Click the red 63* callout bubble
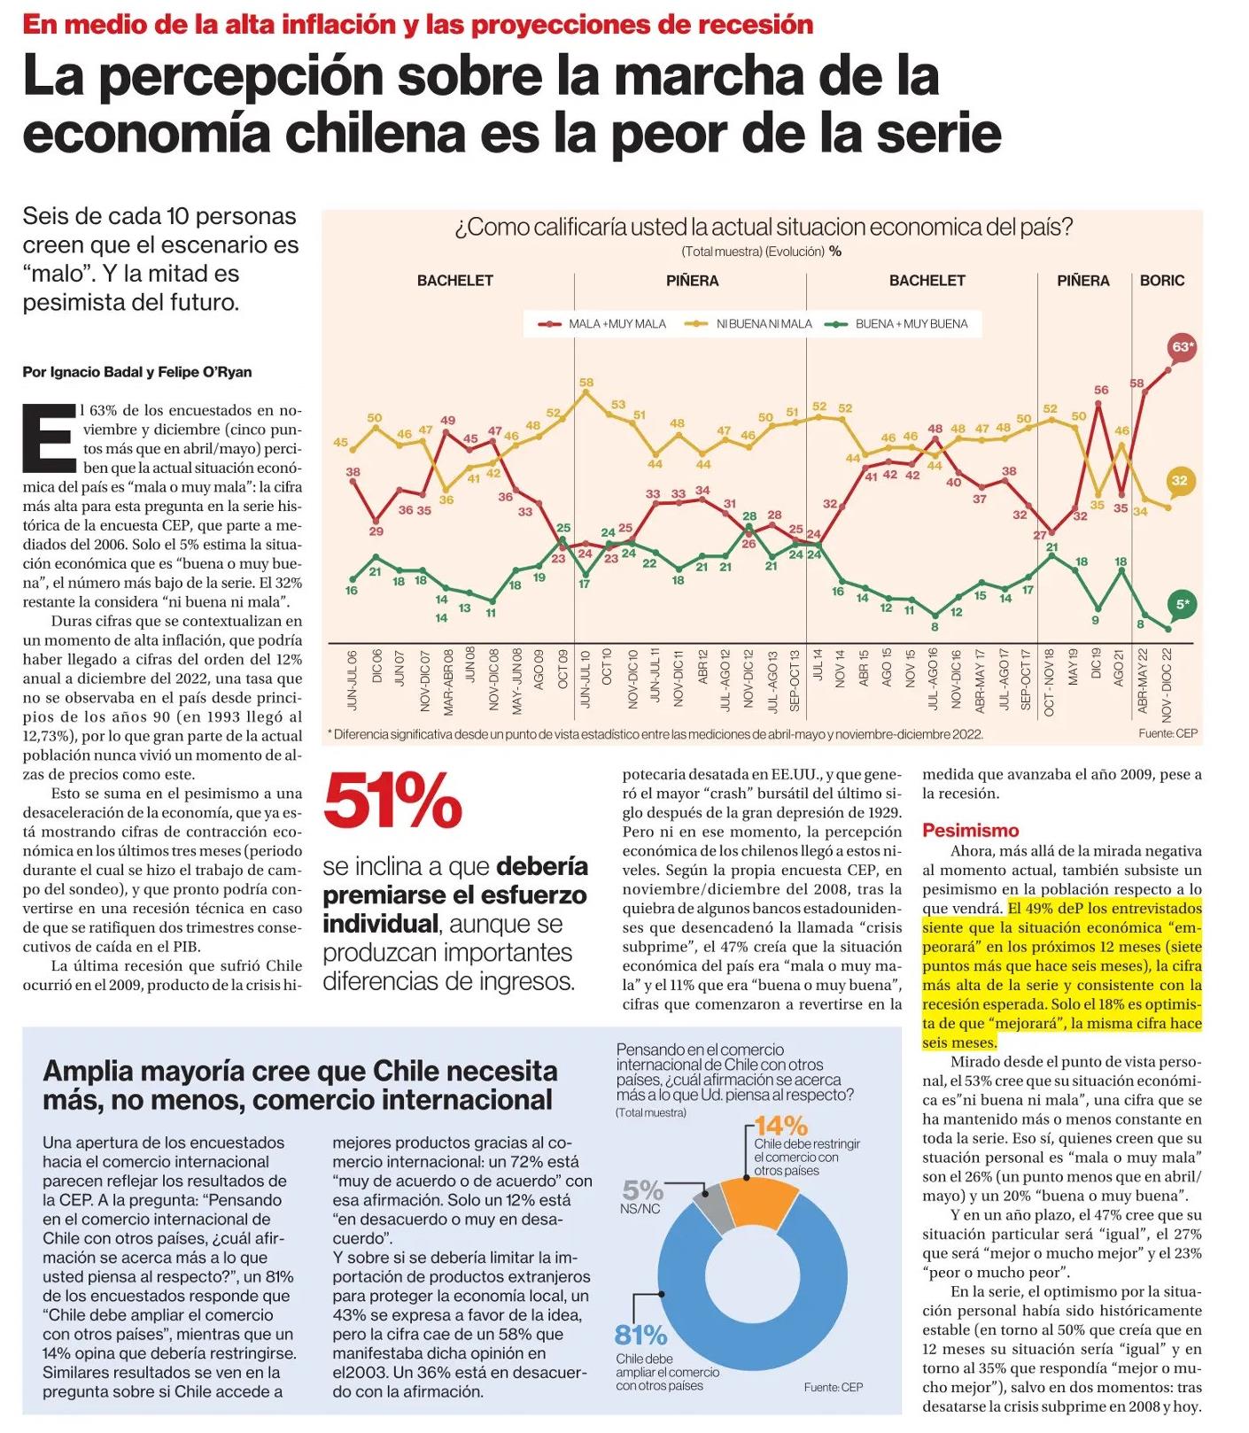point(1182,347)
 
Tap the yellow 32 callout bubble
point(1179,481)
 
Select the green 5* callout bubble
point(1182,604)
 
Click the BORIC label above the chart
point(1161,281)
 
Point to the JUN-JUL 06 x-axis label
point(352,680)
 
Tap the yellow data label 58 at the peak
point(586,383)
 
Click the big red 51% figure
point(392,802)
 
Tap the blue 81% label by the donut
point(640,1334)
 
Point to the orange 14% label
point(780,1126)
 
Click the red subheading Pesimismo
point(970,830)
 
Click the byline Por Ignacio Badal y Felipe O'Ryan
point(137,372)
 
